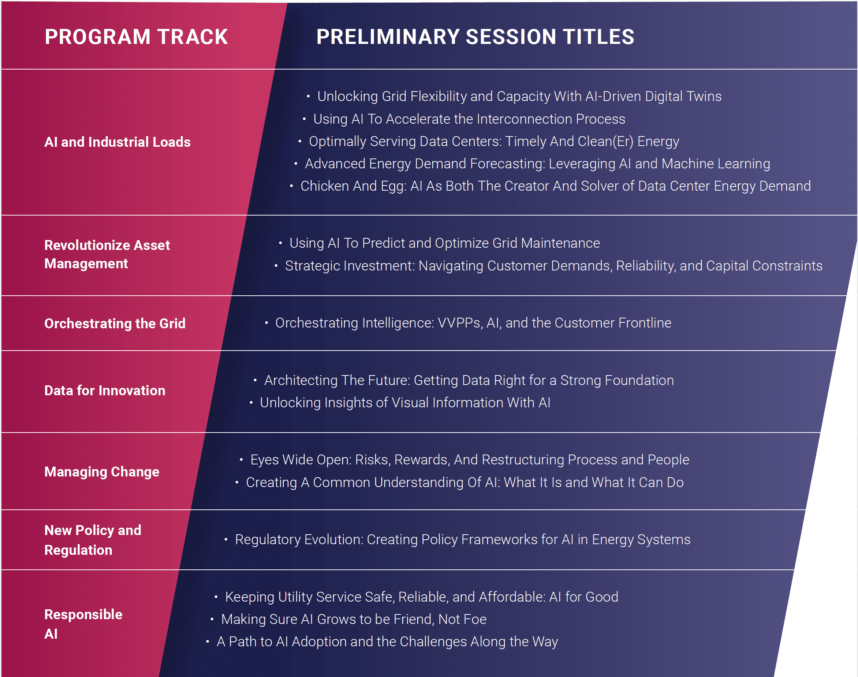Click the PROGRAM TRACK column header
(x=136, y=37)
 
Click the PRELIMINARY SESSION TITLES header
(x=475, y=37)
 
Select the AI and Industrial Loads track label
(x=117, y=142)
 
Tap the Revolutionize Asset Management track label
(x=107, y=254)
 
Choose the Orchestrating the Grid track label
(x=115, y=323)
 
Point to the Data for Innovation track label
(x=105, y=390)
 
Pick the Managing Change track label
(x=102, y=472)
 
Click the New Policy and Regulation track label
(x=93, y=540)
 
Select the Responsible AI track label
(x=83, y=624)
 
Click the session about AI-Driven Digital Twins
(x=519, y=96)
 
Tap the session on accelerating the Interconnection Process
(x=469, y=119)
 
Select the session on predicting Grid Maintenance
(x=444, y=243)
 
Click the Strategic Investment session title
(x=554, y=266)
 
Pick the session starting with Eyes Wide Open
(x=470, y=460)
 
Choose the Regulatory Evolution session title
(x=463, y=540)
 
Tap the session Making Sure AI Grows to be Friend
(x=354, y=619)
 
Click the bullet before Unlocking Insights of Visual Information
(x=251, y=403)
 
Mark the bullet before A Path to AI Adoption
(x=208, y=642)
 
